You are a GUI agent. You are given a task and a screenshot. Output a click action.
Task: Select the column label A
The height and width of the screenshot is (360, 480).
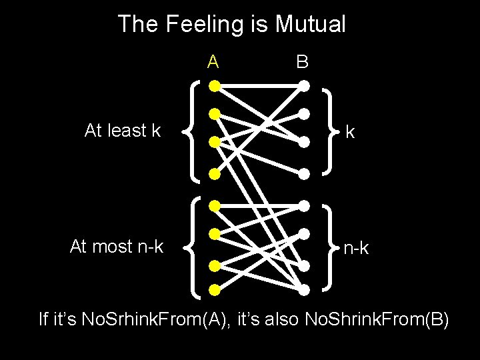(213, 62)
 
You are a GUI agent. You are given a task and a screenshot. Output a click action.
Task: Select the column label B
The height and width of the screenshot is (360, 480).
(303, 62)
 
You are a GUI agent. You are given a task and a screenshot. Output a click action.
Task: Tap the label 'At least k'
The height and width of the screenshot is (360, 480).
(123, 131)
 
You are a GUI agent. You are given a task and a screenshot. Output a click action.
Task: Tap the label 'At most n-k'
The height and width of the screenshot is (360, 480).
(117, 247)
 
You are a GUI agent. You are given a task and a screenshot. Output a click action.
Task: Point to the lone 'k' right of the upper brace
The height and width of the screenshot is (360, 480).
(349, 133)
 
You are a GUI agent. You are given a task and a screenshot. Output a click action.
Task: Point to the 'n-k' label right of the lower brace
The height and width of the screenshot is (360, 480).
(356, 249)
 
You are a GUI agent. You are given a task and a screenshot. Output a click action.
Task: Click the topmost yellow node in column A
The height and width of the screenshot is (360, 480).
(213, 86)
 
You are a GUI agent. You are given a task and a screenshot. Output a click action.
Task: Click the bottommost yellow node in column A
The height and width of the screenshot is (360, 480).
(214, 290)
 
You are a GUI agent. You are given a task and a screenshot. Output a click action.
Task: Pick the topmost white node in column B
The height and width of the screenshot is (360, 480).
(303, 86)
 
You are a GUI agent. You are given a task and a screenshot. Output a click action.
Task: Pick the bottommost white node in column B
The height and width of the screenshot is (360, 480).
(304, 290)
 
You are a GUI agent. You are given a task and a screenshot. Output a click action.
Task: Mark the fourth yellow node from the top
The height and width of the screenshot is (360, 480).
(214, 174)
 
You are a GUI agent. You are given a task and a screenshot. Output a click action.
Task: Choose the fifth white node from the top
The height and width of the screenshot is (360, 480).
(304, 205)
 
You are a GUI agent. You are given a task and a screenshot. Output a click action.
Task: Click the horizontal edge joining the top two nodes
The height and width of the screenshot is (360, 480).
(258, 86)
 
